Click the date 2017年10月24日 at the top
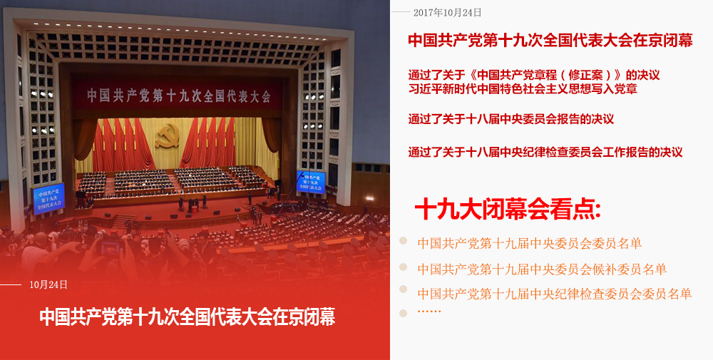(x=447, y=13)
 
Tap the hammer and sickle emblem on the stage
(x=168, y=135)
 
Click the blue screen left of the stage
(x=48, y=198)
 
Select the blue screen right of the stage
(x=311, y=182)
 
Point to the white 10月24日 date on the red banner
(x=48, y=284)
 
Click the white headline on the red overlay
(x=188, y=317)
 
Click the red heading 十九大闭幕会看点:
(x=508, y=210)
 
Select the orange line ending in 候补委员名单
(x=542, y=269)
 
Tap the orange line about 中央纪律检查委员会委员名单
(x=555, y=294)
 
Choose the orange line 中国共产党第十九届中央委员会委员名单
(x=529, y=244)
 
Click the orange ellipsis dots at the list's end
(x=429, y=312)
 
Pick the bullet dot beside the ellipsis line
(x=403, y=313)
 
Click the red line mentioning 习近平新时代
(x=523, y=88)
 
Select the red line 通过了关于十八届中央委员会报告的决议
(x=511, y=119)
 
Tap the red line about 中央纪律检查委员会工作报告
(x=545, y=152)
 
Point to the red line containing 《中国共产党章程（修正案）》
(x=534, y=75)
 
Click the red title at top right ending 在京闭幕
(x=550, y=40)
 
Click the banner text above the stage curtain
(x=179, y=96)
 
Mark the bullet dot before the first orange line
(x=403, y=240)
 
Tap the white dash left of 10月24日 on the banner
(x=11, y=285)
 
